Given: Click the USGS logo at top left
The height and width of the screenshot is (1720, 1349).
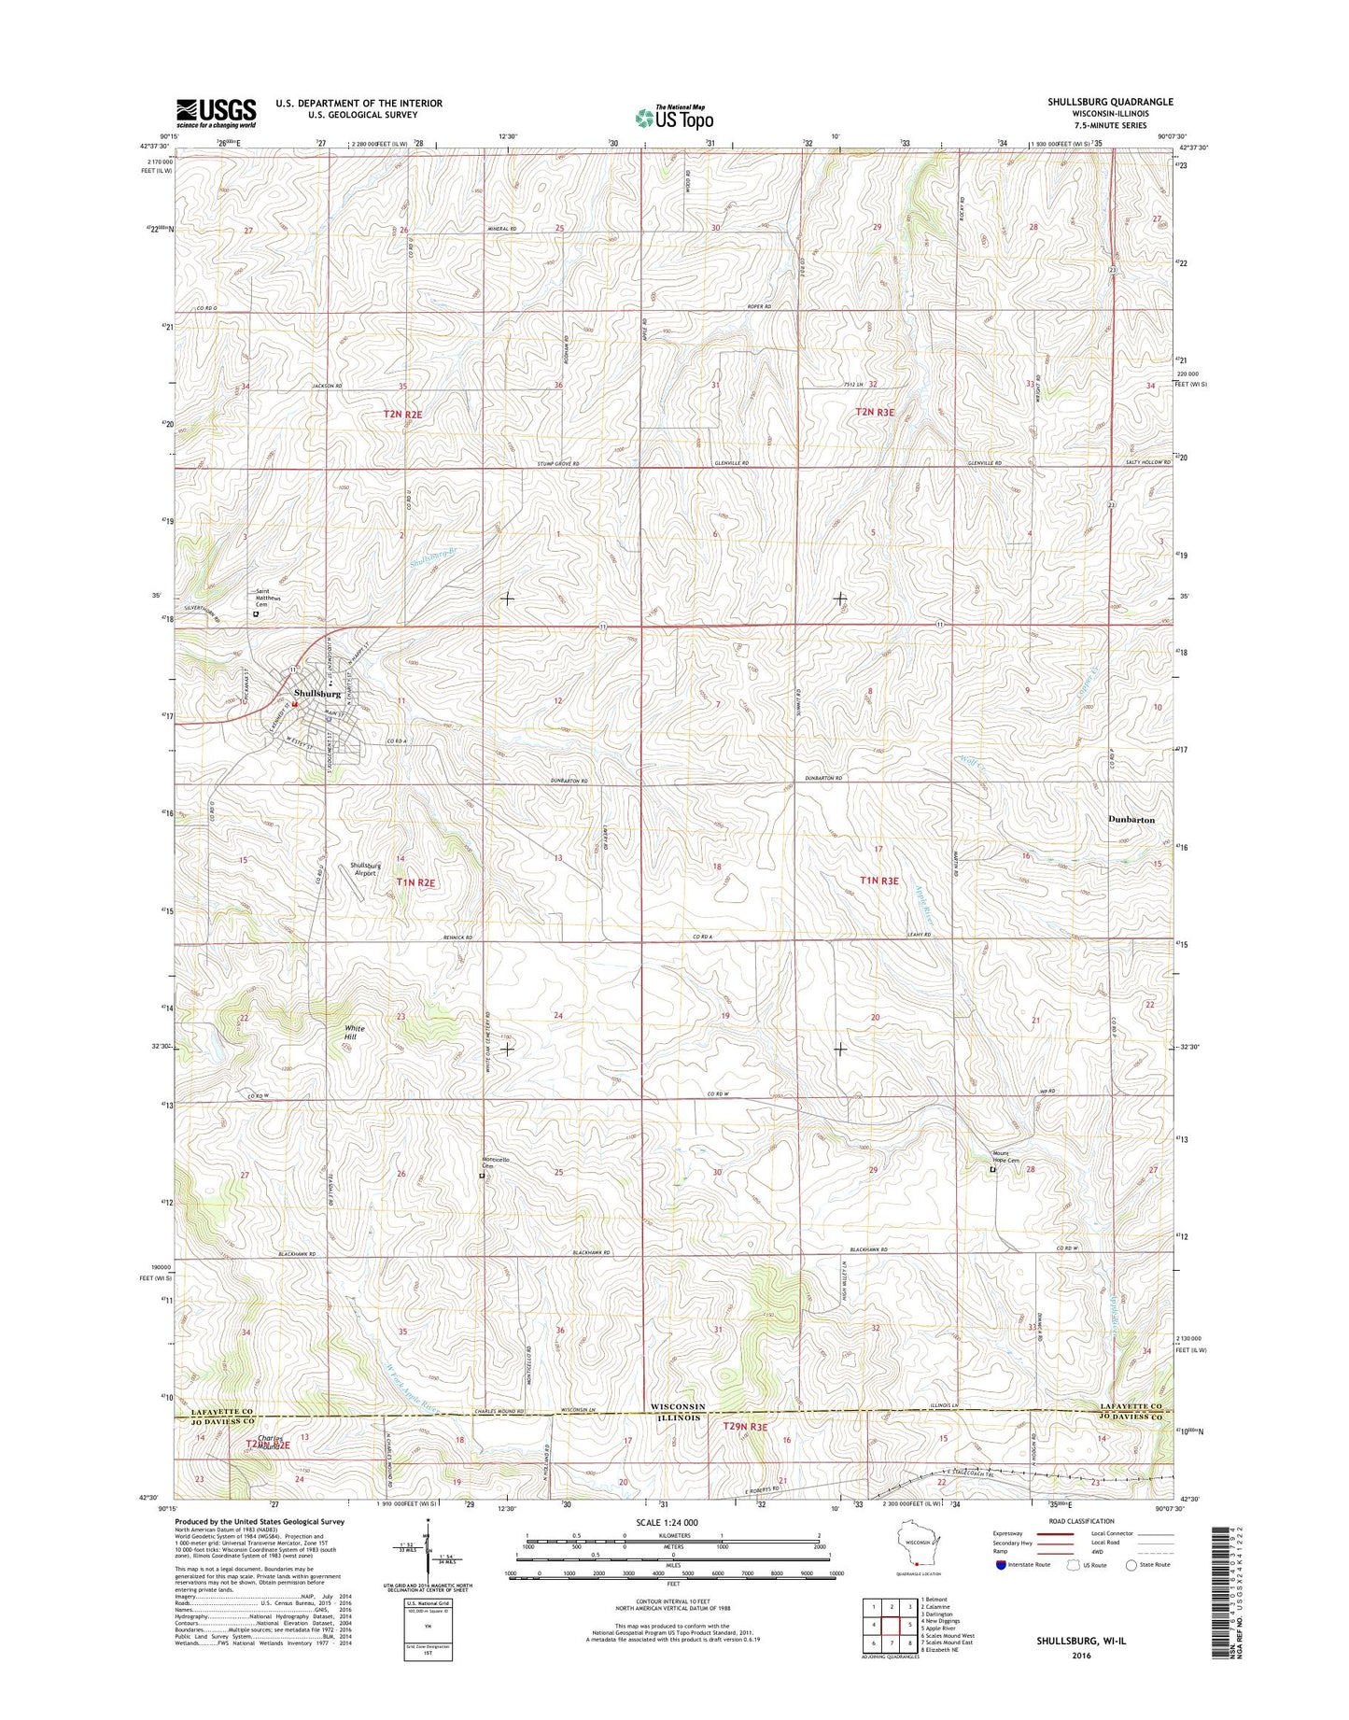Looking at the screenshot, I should pyautogui.click(x=216, y=112).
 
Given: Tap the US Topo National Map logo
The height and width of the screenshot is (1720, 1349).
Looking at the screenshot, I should pyautogui.click(x=674, y=117).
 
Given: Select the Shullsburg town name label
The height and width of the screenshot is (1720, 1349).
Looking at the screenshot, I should pyautogui.click(x=317, y=694).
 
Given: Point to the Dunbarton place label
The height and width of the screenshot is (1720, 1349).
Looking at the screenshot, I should pyautogui.click(x=1131, y=819).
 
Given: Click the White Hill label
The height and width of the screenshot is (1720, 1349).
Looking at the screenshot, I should pyautogui.click(x=355, y=1033).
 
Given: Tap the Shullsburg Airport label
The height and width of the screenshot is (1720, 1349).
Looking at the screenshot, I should pyautogui.click(x=364, y=868).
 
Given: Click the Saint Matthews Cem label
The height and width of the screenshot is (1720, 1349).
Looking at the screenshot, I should pyautogui.click(x=269, y=599).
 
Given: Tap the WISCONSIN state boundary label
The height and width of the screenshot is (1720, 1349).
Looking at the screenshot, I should pyautogui.click(x=678, y=1406).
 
